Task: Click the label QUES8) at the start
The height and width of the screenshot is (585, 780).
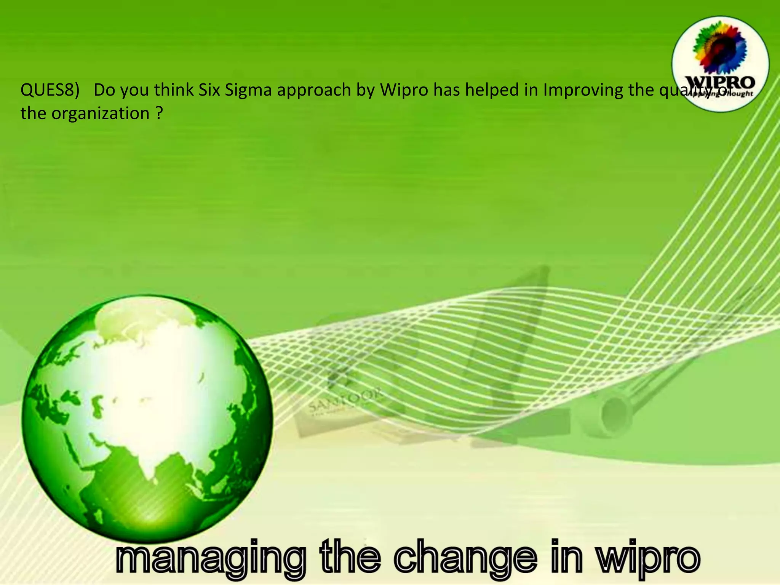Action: coord(50,90)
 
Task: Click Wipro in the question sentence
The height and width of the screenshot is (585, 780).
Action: coord(404,90)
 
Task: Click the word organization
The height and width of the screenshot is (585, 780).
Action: coord(101,114)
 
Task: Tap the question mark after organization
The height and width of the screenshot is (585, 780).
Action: coord(159,113)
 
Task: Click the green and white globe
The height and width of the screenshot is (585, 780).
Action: coord(147,419)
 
